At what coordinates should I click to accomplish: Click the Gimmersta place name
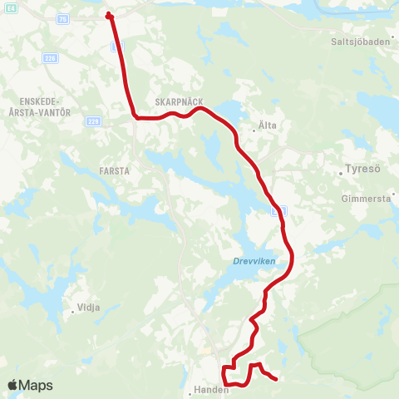click(x=366, y=199)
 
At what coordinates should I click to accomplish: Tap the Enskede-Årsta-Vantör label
click(x=39, y=106)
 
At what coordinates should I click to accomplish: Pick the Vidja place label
click(x=88, y=308)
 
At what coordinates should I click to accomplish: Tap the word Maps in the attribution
click(x=37, y=385)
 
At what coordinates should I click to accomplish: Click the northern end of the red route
click(x=109, y=14)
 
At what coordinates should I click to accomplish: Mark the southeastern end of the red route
click(x=275, y=379)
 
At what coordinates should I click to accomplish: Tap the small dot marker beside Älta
click(x=254, y=129)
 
